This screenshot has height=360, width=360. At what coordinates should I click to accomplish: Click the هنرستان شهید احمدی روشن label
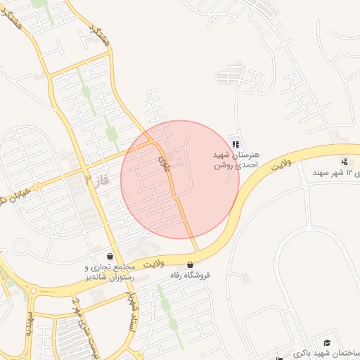(x=237, y=160)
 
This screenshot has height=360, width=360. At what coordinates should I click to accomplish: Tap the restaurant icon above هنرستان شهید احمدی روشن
(x=235, y=143)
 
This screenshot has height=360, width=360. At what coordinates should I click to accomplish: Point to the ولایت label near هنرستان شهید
(x=283, y=161)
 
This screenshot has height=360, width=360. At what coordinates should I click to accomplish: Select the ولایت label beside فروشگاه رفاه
(x=153, y=263)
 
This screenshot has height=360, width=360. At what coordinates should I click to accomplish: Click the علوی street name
(x=165, y=164)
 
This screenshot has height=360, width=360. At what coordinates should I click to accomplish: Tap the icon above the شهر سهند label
(x=344, y=161)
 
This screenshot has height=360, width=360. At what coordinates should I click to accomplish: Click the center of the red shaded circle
(x=180, y=179)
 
